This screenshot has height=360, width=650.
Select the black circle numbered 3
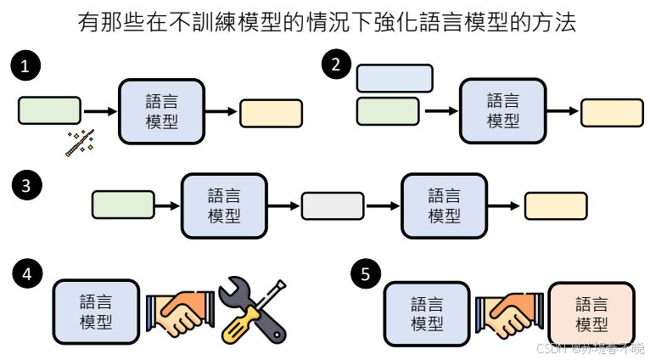[x=27, y=186]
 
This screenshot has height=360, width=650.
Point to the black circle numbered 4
[x=27, y=274]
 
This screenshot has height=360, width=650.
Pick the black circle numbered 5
[x=365, y=274]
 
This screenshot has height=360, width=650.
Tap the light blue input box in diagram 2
[x=395, y=77]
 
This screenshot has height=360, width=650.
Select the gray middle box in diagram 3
[x=333, y=205]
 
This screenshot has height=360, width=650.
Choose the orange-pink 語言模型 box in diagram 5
[x=591, y=314]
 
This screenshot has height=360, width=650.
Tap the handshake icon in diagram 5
[x=509, y=312]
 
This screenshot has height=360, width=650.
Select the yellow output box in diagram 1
[x=271, y=113]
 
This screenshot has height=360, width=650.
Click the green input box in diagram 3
[x=123, y=205]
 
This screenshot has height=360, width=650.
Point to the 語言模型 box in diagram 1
[x=161, y=110]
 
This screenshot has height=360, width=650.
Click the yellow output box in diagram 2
[x=612, y=112]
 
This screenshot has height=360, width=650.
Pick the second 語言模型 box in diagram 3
[x=444, y=205]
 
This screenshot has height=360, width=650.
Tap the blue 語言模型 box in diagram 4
[x=96, y=311]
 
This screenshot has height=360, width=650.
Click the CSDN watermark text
[x=590, y=348]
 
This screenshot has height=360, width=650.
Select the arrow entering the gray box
[x=284, y=205]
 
